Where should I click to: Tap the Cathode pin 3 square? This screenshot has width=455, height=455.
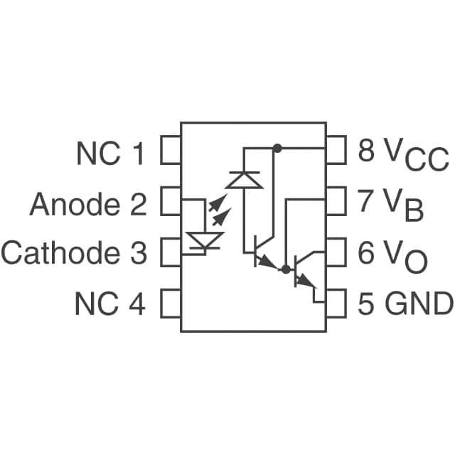171,252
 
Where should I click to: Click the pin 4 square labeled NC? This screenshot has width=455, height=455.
171,304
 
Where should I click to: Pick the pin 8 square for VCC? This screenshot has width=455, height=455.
336,151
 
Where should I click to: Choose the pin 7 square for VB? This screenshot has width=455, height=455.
336,201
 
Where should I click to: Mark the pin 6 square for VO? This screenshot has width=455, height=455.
336,252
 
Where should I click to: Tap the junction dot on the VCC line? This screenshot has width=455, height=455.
277,149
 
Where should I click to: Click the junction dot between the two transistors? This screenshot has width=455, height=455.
286,269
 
